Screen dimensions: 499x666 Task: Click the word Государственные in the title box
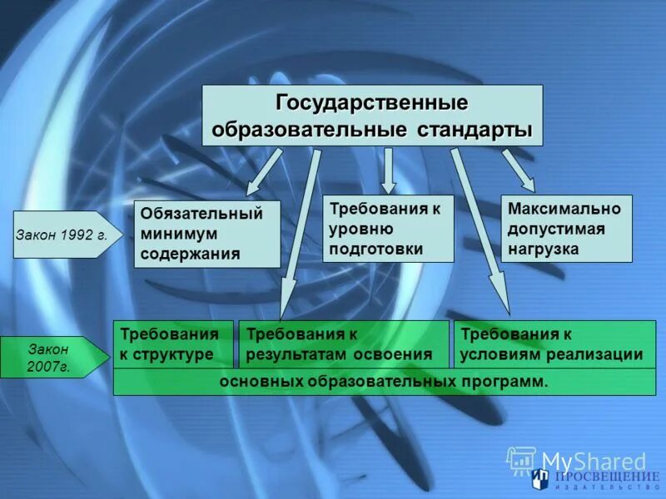[x=372, y=103]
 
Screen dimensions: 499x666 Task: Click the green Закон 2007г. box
[x=50, y=357]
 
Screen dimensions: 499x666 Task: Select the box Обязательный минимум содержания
[x=206, y=234]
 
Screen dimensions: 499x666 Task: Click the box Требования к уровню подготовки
[x=388, y=228]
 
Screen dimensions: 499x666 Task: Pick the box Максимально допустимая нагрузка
[x=566, y=228]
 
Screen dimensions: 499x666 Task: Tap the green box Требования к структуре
[x=172, y=344]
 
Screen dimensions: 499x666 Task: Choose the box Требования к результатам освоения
[x=343, y=344]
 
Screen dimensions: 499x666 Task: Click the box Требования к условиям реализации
[x=554, y=344]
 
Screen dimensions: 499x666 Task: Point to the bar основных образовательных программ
[x=384, y=382]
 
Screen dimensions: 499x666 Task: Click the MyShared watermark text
[x=593, y=461]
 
